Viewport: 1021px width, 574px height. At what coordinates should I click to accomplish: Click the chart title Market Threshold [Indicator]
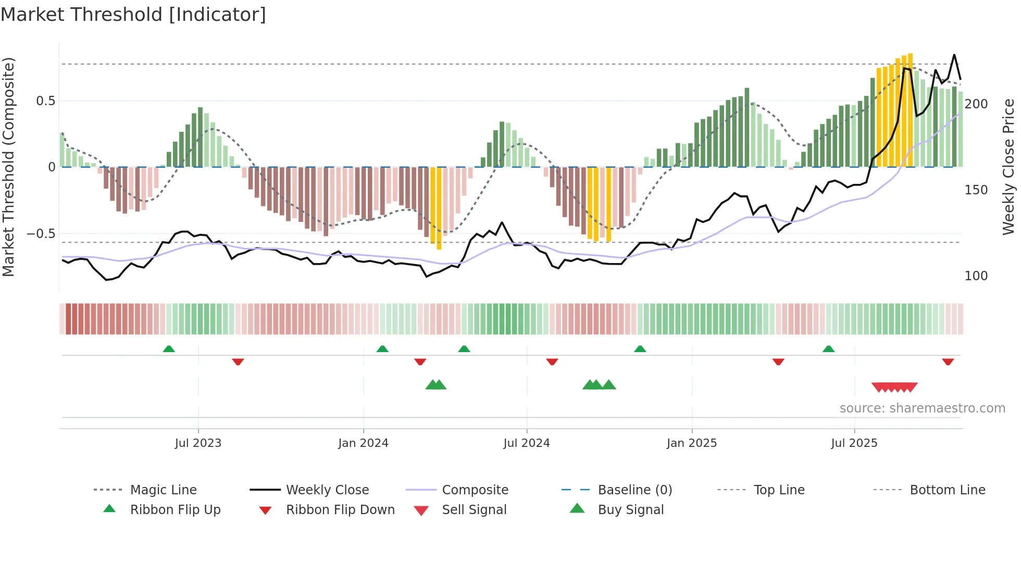click(x=133, y=15)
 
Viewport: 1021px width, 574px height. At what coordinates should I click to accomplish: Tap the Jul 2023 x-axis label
click(x=198, y=443)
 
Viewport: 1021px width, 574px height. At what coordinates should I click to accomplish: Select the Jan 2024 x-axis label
click(x=363, y=443)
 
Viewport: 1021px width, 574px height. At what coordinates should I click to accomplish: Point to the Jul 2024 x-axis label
click(x=527, y=443)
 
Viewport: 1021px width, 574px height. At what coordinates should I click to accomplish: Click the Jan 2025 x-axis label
click(x=692, y=443)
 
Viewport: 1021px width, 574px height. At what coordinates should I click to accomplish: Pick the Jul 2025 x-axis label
click(x=854, y=443)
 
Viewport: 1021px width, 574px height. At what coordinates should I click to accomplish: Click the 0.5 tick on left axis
click(x=46, y=101)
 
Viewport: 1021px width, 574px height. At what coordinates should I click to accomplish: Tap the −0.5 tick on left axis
click(x=41, y=234)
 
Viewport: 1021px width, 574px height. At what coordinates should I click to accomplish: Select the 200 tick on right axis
click(x=976, y=104)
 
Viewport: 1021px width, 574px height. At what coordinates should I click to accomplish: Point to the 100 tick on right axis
click(x=976, y=276)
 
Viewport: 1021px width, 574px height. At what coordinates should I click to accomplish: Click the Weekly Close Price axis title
click(x=1008, y=167)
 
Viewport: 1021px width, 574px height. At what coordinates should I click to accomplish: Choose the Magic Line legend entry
click(x=163, y=490)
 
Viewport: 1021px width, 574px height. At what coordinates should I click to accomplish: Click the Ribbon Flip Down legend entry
click(x=340, y=510)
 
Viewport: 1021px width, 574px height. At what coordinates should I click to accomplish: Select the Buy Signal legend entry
click(x=630, y=510)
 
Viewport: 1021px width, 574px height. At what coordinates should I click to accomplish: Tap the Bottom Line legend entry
click(x=947, y=490)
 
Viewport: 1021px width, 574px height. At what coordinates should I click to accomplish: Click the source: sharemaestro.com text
click(x=922, y=408)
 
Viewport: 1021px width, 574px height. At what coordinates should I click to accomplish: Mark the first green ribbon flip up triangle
click(x=169, y=349)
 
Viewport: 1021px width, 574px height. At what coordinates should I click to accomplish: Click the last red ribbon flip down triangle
click(x=948, y=361)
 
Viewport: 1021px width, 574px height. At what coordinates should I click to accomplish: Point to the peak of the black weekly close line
click(x=954, y=55)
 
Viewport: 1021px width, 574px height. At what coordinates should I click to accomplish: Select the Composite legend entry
click(x=475, y=490)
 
